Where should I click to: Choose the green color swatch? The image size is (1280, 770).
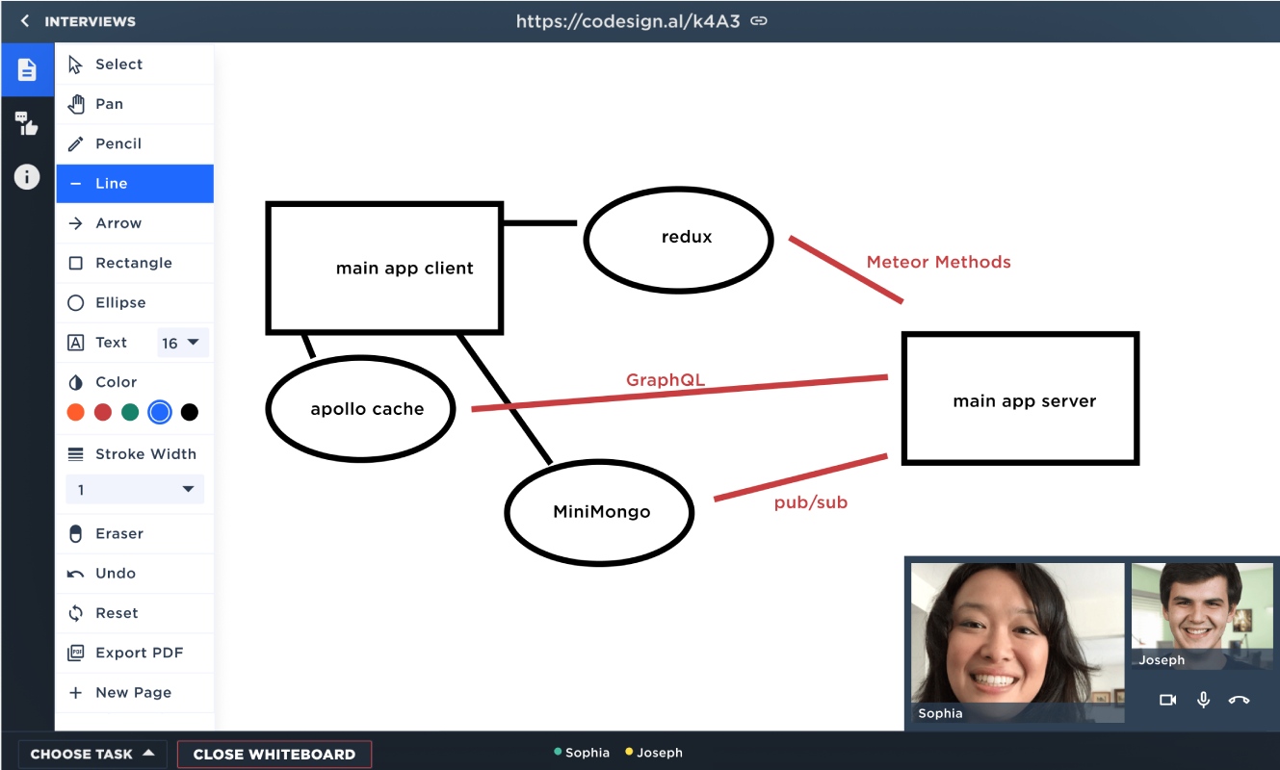130,412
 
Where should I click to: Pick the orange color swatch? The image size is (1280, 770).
75,412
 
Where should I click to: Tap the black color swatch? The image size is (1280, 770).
189,412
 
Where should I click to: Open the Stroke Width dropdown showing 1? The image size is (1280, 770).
135,490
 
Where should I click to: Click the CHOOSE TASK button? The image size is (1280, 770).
92,754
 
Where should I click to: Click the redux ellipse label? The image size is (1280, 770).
687,237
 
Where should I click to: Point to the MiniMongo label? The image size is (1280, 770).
602,511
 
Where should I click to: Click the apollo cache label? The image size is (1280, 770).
367,409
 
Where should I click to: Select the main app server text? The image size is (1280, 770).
1025,401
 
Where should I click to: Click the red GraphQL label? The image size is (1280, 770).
666,380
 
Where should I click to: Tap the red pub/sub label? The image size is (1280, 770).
811,502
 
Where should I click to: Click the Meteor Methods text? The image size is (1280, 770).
939,262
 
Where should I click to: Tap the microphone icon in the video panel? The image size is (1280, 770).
1203,700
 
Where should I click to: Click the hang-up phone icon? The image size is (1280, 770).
1239,700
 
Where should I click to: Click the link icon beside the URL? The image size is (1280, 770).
759,21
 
